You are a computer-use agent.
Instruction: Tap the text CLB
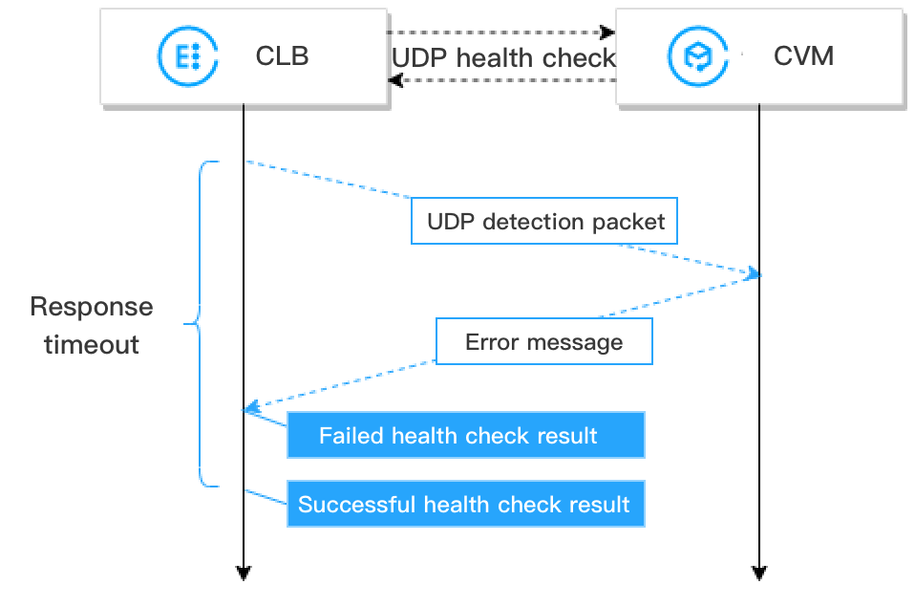tap(282, 55)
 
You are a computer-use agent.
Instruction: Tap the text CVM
tap(802, 55)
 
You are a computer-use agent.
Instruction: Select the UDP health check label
tap(503, 57)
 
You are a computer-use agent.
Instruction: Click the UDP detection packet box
tap(545, 222)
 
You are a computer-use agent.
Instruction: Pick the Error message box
tap(543, 342)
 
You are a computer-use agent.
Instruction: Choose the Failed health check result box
tap(466, 436)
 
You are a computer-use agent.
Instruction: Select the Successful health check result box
tap(466, 504)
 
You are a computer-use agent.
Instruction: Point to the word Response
tap(91, 307)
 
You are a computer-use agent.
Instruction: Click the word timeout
tap(92, 344)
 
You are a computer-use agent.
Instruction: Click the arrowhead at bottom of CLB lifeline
tap(244, 574)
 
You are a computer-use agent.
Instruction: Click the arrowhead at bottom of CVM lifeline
tap(759, 574)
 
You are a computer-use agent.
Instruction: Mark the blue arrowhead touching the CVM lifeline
tap(754, 274)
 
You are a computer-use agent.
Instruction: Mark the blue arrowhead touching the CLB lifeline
tap(250, 410)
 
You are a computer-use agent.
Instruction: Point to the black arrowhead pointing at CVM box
tap(607, 32)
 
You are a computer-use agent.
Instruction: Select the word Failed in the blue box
tap(351, 436)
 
